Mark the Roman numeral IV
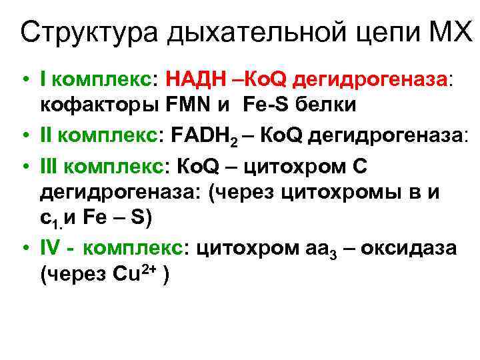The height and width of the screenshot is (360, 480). pyautogui.click(x=52, y=248)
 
